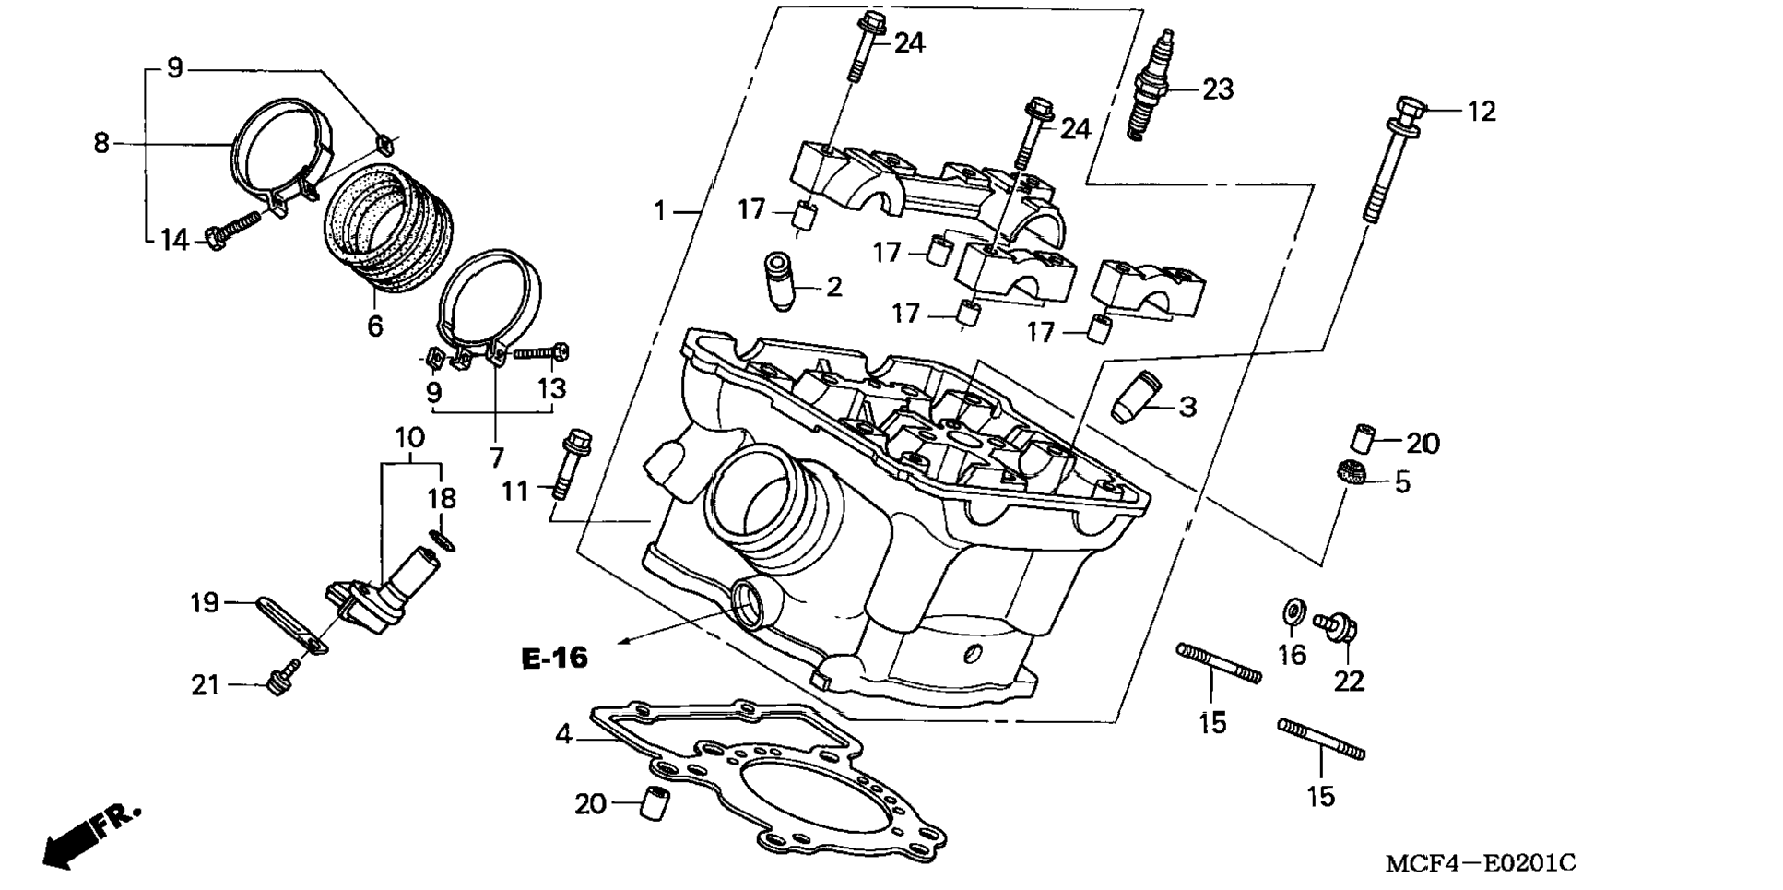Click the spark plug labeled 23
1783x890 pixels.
(1152, 85)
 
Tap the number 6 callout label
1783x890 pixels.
(374, 326)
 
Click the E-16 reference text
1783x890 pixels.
(554, 658)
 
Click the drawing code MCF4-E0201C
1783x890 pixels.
(1481, 863)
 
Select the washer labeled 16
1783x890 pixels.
(1293, 611)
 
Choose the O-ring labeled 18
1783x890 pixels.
(442, 540)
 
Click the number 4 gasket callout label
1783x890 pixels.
(563, 735)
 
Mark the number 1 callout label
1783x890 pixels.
(659, 211)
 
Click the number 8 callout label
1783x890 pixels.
(101, 144)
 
